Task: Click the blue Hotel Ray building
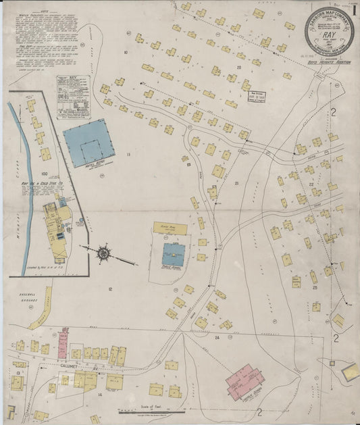[88, 142]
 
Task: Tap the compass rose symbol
[104, 253]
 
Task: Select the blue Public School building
[173, 255]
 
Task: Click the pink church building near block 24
[245, 382]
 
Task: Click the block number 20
[239, 68]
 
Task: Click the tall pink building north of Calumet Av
[62, 344]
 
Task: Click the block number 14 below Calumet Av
[99, 393]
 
